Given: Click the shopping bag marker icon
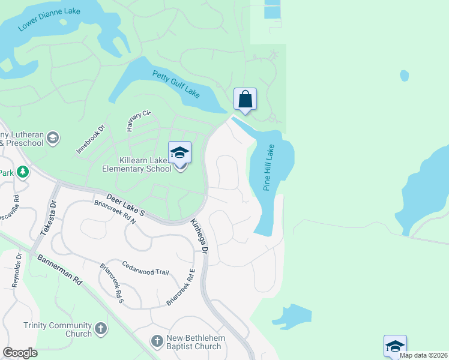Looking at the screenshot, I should [x=245, y=99].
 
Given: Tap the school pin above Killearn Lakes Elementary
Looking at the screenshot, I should [x=179, y=152].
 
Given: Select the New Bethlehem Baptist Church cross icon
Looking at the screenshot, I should [x=157, y=341].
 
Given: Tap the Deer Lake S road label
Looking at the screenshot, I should [x=126, y=204].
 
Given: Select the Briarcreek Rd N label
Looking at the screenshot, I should [x=115, y=212].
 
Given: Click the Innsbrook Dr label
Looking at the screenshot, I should [x=91, y=139].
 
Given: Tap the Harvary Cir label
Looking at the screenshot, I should [x=138, y=121].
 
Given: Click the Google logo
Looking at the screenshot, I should [x=20, y=353].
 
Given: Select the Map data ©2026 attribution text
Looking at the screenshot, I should [x=423, y=355].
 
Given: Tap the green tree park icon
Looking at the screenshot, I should [x=23, y=173].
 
